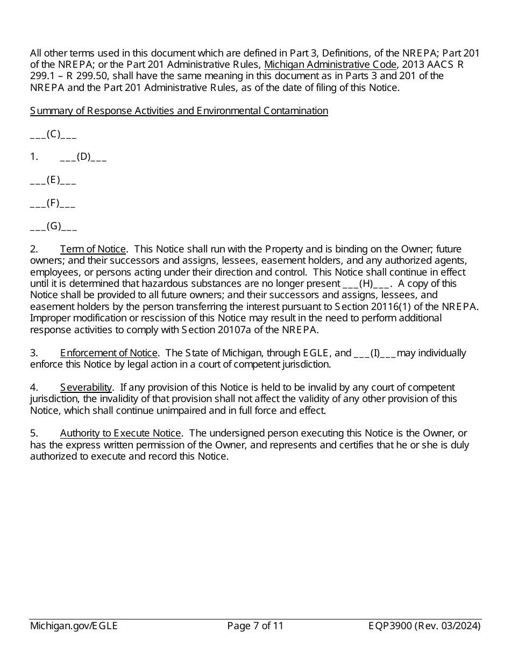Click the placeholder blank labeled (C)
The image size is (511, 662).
53,134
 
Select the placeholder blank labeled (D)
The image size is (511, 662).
83,157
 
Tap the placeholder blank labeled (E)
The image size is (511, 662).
53,180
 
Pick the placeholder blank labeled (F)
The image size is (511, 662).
53,203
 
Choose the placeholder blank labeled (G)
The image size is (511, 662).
53,227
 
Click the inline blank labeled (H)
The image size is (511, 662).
366,284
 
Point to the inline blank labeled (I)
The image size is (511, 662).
375,353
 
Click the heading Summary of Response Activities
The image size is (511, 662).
179,111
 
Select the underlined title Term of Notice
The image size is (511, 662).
93,249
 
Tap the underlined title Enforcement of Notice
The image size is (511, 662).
109,353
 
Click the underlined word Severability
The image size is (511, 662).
86,388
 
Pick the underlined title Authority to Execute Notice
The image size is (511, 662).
120,433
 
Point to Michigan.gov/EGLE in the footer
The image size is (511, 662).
74,626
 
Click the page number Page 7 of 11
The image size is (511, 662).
255,626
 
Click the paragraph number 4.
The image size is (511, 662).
33,388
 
